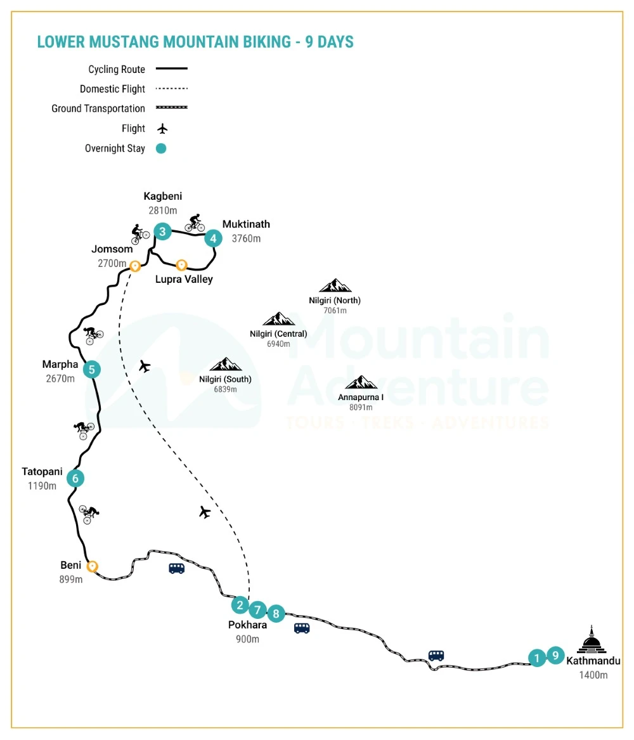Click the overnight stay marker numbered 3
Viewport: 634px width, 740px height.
coord(163,231)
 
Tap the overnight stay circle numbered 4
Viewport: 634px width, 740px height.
coord(214,238)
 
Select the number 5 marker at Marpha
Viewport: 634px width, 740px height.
coord(92,369)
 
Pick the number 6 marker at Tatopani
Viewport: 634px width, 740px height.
coord(75,478)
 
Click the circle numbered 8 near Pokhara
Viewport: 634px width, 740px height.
coord(276,613)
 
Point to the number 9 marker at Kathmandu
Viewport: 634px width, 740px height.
coord(555,655)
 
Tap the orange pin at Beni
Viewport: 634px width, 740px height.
coord(93,566)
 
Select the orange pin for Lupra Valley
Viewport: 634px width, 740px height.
coord(181,264)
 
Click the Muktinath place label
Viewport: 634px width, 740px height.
coord(246,224)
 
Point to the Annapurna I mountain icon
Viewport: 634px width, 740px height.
coord(361,382)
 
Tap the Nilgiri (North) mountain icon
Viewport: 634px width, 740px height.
coord(335,286)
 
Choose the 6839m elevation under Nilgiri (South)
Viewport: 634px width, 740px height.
coord(225,389)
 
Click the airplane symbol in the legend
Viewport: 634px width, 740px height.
coord(162,129)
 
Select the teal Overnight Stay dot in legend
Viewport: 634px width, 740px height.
coord(161,149)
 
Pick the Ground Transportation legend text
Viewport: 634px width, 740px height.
coord(98,109)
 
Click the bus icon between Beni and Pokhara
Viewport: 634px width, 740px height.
coord(176,569)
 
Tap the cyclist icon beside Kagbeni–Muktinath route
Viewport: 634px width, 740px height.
coord(195,223)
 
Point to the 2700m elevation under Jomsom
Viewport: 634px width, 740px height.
coord(112,263)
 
